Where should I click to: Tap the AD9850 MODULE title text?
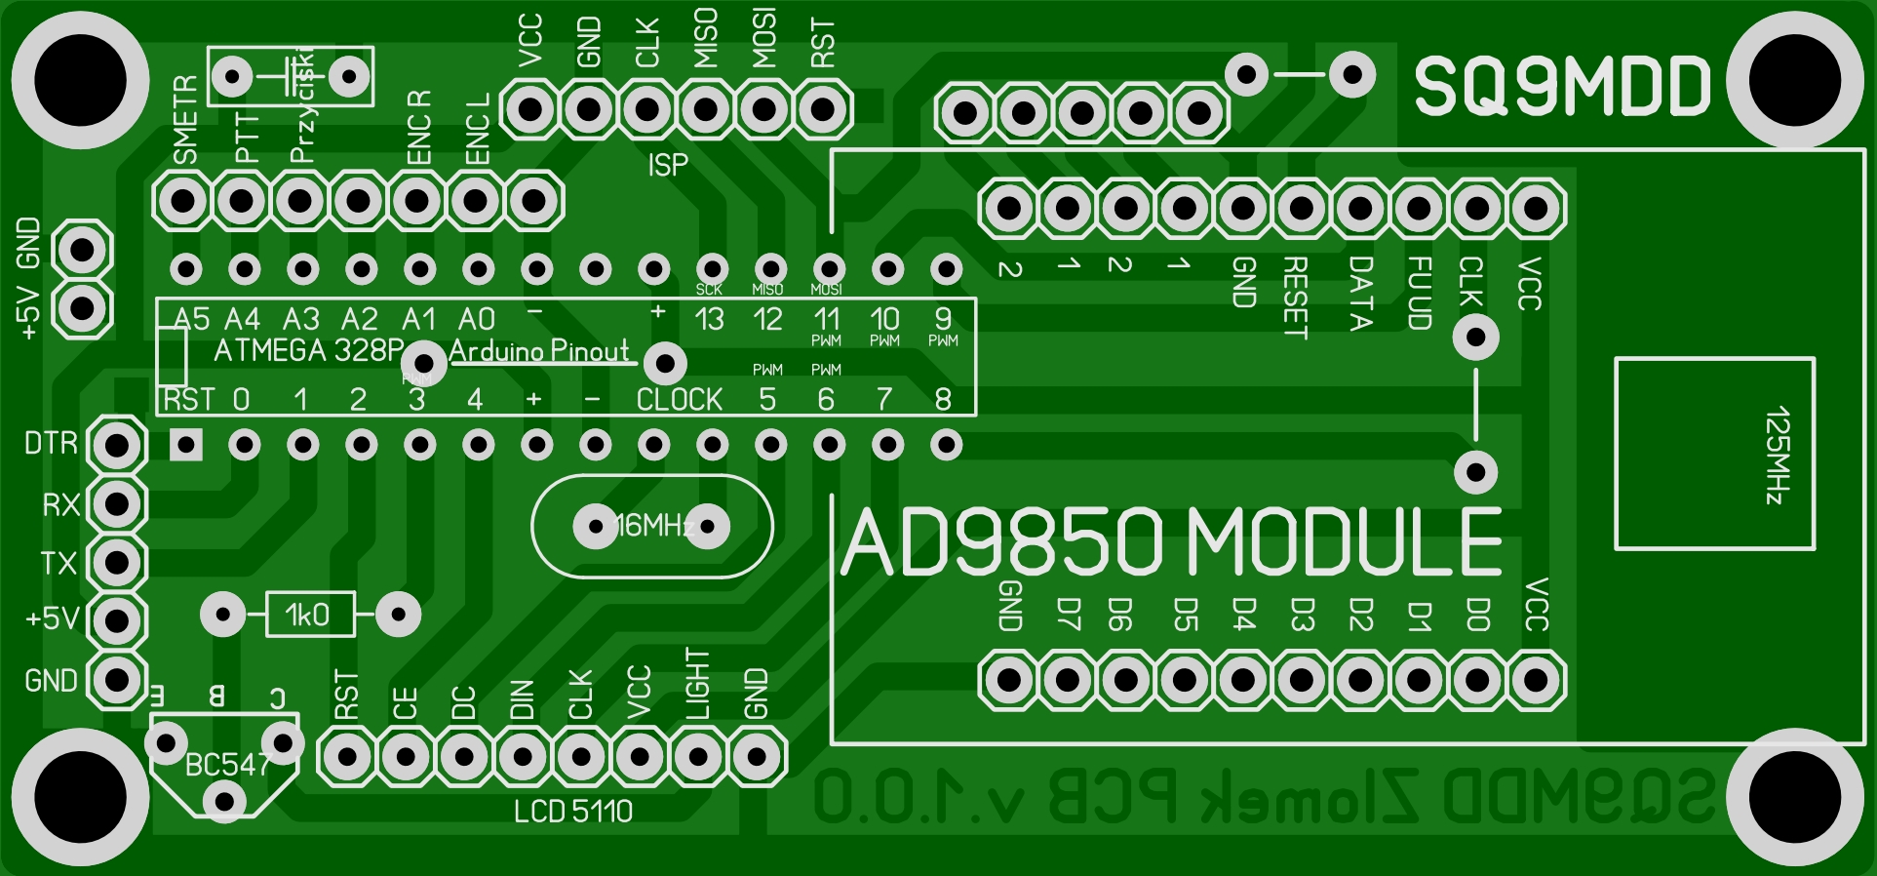click(1170, 542)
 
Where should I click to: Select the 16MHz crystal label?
click(653, 527)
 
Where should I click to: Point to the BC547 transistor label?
click(226, 765)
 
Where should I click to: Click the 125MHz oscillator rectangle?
click(1714, 454)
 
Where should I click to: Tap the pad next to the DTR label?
click(117, 446)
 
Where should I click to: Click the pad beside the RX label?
click(117, 504)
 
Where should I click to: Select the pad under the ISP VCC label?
click(530, 108)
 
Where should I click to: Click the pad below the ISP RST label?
click(823, 108)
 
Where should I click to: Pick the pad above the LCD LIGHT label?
click(698, 756)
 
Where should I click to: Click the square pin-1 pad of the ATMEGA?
click(186, 446)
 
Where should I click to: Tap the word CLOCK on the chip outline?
click(680, 400)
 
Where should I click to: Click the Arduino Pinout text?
click(539, 351)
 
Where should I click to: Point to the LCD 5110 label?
click(573, 812)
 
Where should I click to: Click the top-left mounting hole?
click(80, 81)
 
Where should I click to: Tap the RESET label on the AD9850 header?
click(1294, 298)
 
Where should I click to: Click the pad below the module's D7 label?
click(1068, 680)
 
